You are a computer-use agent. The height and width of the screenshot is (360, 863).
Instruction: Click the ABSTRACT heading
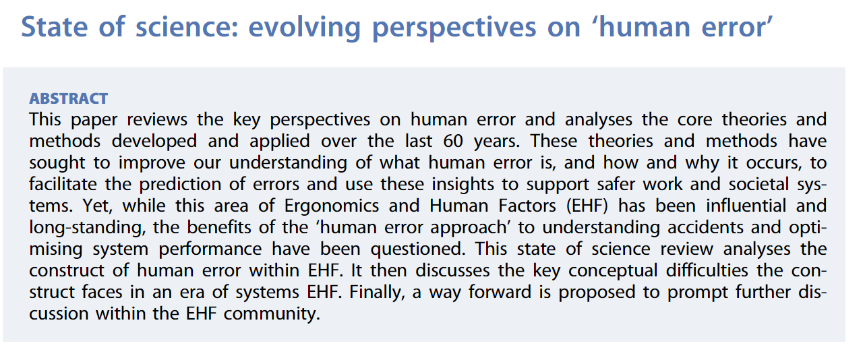(x=69, y=98)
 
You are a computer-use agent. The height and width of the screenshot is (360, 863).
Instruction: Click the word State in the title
(x=55, y=27)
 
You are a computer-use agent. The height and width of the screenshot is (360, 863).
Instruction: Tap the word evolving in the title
(x=304, y=28)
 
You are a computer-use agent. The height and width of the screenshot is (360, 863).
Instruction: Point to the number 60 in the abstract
(x=452, y=141)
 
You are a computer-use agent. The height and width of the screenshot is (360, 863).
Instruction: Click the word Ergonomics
(x=332, y=206)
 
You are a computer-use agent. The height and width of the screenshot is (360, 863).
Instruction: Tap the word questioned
(x=418, y=249)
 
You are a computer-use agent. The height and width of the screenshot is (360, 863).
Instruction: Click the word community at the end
(x=272, y=314)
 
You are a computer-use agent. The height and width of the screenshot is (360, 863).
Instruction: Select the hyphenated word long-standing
(x=88, y=228)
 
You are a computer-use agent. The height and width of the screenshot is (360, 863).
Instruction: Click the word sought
(x=57, y=163)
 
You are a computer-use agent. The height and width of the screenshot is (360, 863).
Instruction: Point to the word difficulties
(x=707, y=270)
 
